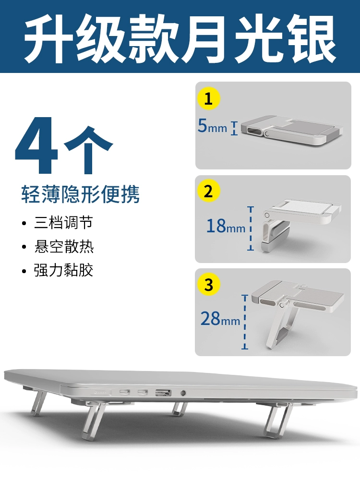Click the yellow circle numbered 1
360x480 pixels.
tap(208, 98)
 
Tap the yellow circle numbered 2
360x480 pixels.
tap(208, 191)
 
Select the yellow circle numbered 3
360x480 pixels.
tap(208, 284)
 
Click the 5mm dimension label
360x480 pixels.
tap(212, 126)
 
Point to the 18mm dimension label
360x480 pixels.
tap(226, 226)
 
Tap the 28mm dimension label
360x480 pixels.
tap(220, 319)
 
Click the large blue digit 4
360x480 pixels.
tap(36, 145)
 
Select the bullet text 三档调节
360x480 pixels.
tap(63, 223)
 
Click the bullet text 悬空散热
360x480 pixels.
tap(63, 246)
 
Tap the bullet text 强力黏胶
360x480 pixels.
tap(63, 270)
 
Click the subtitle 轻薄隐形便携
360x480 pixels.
tap(80, 194)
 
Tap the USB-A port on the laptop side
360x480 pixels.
tap(163, 392)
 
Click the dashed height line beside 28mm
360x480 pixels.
tap(245, 322)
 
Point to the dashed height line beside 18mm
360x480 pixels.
tap(251, 228)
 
